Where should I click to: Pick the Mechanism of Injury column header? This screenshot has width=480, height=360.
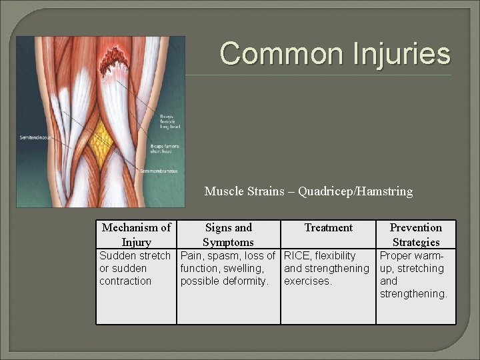tap(136, 235)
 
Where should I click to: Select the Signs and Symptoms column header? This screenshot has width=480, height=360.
tap(228, 235)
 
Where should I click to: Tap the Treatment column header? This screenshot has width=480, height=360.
tap(328, 228)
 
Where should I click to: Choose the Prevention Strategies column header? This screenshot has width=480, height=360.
tap(416, 235)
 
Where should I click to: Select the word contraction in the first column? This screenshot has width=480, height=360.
tap(125, 281)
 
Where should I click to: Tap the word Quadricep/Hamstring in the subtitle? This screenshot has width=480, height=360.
tap(355, 192)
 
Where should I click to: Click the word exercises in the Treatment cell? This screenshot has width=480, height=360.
tap(307, 281)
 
